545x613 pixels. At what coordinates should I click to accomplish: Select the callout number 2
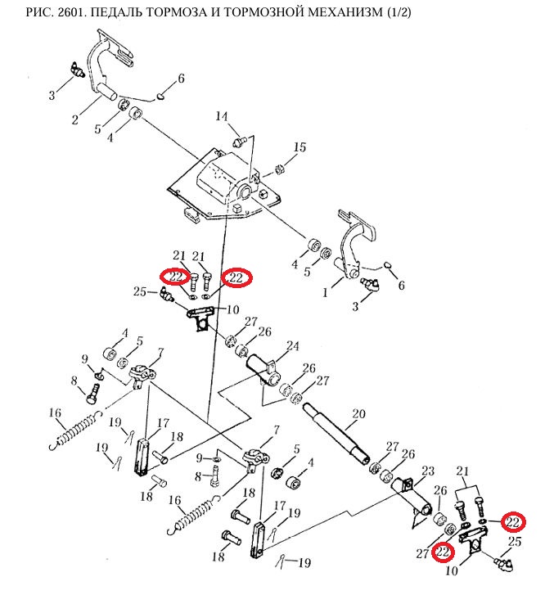click(74, 120)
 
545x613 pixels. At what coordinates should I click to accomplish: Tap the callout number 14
click(220, 116)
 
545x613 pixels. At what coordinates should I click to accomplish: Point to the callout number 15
click(300, 147)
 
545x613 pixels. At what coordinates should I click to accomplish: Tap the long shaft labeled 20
click(336, 430)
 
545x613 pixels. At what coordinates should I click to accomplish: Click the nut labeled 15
click(277, 170)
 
